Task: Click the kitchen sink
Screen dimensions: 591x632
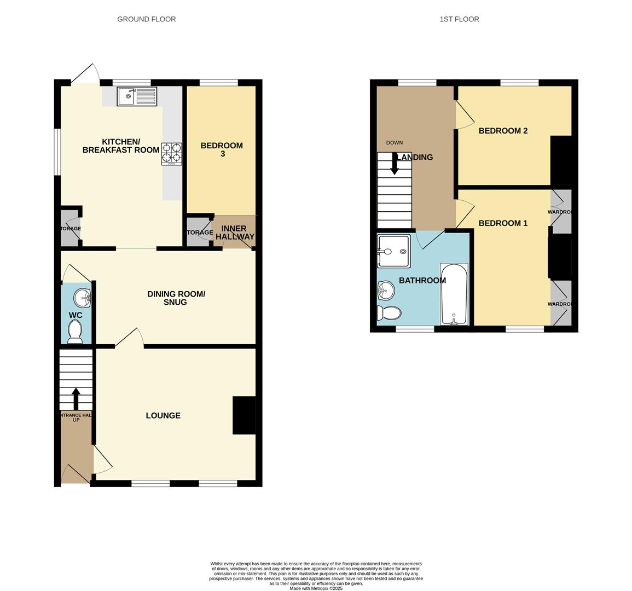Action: (137, 97)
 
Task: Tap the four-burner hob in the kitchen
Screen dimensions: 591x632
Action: (171, 154)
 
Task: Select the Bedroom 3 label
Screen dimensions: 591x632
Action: (221, 149)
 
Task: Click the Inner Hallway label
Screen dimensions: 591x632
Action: (235, 233)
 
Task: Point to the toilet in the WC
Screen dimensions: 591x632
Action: (74, 332)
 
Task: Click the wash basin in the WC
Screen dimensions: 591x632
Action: (83, 298)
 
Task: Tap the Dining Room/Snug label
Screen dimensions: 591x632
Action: (176, 298)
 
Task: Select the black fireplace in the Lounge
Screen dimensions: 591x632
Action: (244, 415)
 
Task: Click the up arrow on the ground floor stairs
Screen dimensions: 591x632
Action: (76, 398)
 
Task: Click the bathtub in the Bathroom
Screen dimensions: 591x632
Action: (454, 294)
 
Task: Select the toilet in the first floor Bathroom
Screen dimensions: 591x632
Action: (389, 313)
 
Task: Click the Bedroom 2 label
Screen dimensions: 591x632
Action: (503, 131)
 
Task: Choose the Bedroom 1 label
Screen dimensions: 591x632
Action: (503, 223)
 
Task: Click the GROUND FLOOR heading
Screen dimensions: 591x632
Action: (147, 19)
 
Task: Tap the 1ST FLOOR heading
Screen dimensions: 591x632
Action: (459, 19)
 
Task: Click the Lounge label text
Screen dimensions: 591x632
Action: (163, 416)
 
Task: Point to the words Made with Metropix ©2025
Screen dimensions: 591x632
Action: (316, 588)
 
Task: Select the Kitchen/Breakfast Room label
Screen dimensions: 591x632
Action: (121, 146)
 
